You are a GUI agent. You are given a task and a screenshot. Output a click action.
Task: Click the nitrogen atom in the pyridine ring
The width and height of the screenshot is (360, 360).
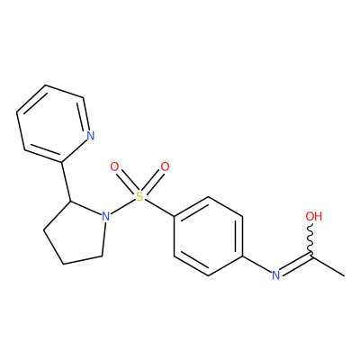tap(90, 136)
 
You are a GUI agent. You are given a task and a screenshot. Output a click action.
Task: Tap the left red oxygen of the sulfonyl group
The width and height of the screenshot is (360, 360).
tap(114, 166)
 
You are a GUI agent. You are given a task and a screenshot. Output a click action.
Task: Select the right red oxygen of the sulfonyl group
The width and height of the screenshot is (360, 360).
tap(165, 166)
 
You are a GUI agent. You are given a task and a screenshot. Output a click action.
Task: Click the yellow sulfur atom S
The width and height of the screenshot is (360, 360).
tap(139, 196)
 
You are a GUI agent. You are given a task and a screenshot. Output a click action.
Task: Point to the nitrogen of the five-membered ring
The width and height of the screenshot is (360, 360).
tap(104, 216)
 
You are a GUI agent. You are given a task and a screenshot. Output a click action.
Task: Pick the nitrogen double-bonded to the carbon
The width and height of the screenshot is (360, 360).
tap(275, 275)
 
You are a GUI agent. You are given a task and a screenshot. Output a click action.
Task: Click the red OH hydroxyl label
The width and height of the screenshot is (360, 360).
tap(313, 216)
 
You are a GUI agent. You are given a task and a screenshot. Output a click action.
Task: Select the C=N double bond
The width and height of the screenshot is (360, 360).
tap(295, 264)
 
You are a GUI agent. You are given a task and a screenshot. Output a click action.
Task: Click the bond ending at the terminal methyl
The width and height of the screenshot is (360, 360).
tap(328, 265)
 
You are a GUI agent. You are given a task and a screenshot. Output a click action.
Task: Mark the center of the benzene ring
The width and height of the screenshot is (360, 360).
tap(208, 236)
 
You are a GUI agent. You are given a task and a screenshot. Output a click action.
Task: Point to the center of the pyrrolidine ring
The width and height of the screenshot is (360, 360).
tap(76, 234)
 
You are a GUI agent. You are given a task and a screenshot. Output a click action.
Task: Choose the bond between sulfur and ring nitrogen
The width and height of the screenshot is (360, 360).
tap(122, 206)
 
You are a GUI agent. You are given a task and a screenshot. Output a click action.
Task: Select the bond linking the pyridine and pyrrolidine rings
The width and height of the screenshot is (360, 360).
tap(66, 182)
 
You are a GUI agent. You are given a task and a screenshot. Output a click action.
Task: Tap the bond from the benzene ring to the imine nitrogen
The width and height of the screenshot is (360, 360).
tap(256, 265)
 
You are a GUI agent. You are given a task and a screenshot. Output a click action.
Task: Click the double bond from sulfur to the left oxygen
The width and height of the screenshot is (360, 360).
tap(127, 182)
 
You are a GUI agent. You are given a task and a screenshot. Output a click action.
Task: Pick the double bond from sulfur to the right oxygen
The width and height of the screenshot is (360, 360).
tap(153, 182)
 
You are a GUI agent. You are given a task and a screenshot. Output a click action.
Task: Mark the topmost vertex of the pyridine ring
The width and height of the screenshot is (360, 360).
tap(46, 85)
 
